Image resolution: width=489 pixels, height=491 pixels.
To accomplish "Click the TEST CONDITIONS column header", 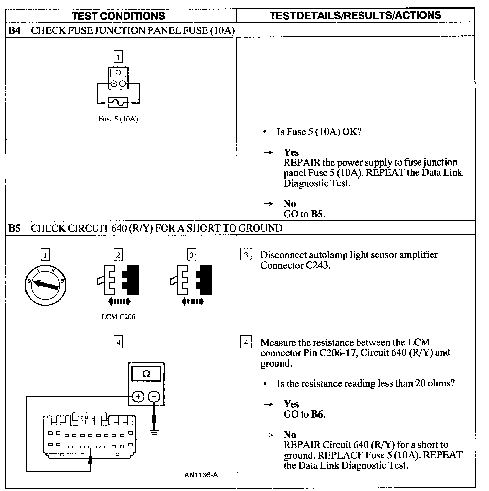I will click(x=118, y=16).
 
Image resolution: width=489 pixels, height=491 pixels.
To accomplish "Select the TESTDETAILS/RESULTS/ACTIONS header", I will click(x=355, y=15).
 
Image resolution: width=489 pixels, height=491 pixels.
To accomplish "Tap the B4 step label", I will click(x=14, y=30).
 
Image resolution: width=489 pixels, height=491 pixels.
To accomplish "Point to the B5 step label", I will click(x=14, y=228).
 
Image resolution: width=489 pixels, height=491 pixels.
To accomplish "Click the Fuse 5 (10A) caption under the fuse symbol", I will click(x=118, y=119).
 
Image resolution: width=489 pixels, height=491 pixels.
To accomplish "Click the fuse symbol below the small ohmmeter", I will click(x=118, y=102).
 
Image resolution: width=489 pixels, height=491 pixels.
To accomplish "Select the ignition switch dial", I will click(x=45, y=284).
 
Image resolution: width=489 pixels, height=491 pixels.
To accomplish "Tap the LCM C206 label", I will click(x=118, y=317).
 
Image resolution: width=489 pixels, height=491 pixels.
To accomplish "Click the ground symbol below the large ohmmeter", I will click(x=154, y=433).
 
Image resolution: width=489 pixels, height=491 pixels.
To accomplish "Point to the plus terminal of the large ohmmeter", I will click(x=138, y=396).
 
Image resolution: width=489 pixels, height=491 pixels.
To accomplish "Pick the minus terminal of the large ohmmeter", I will click(x=154, y=396).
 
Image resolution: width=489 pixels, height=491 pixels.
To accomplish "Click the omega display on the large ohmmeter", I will click(x=146, y=374).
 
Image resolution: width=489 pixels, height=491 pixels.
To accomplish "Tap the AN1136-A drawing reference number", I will click(x=201, y=475).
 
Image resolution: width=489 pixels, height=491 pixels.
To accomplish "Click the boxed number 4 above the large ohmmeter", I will click(x=118, y=342).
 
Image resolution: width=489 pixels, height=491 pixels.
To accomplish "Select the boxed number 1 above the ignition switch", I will click(x=45, y=254).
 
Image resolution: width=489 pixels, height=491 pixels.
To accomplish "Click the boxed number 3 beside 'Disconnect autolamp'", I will click(x=246, y=255).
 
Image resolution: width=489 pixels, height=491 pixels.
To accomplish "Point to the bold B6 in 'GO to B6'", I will click(x=317, y=414).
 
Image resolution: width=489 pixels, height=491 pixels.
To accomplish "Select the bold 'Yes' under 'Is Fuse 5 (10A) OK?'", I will click(x=291, y=152).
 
